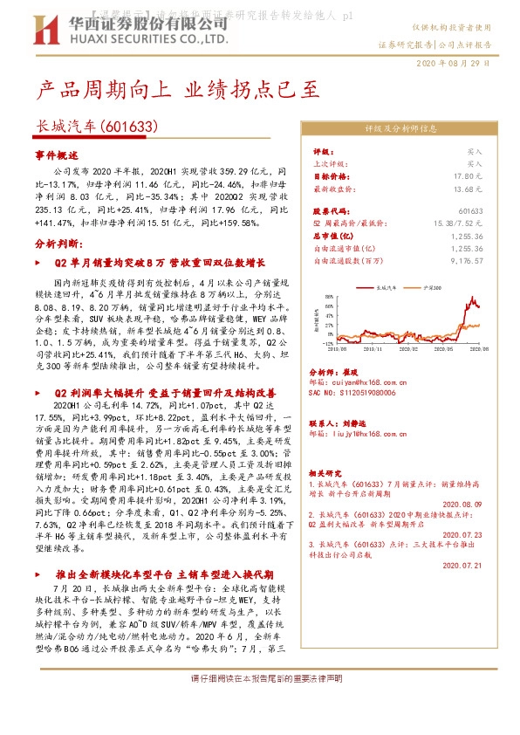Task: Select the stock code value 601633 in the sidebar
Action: tap(470, 211)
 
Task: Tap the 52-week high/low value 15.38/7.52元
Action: tap(458, 223)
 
